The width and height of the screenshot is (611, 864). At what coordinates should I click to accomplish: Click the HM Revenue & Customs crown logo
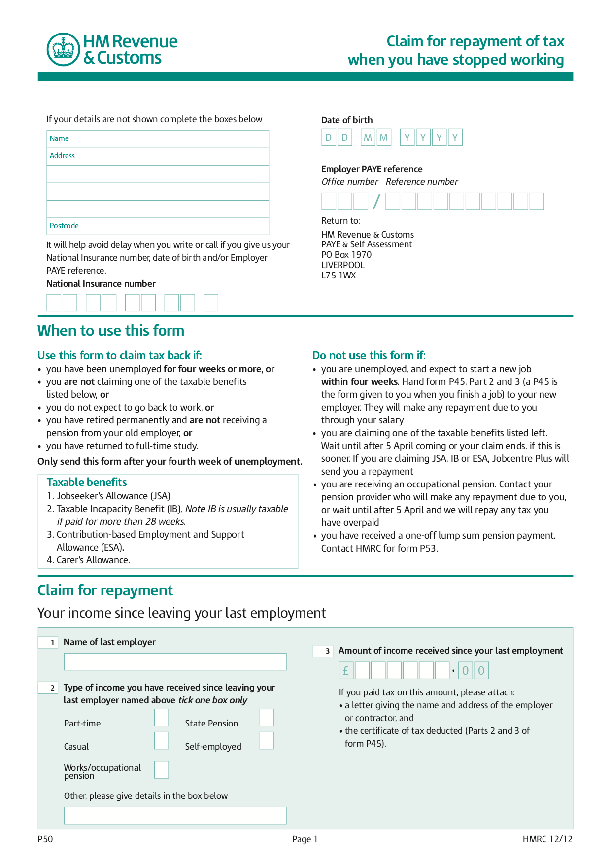pyautogui.click(x=63, y=49)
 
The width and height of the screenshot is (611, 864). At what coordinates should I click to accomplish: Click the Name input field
pyautogui.click(x=158, y=139)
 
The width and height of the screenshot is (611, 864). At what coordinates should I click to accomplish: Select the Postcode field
pyautogui.click(x=158, y=226)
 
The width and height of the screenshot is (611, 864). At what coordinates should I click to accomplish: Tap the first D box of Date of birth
pyautogui.click(x=329, y=138)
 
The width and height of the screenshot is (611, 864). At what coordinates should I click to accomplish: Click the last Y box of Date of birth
pyautogui.click(x=455, y=138)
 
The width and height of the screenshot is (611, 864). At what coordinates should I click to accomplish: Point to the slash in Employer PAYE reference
pyautogui.click(x=376, y=202)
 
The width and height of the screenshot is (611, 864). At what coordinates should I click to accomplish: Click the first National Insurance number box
pyautogui.click(x=54, y=303)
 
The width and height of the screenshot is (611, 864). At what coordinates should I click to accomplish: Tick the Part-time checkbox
pyautogui.click(x=161, y=718)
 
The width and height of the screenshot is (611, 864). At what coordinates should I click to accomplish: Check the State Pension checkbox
pyautogui.click(x=267, y=718)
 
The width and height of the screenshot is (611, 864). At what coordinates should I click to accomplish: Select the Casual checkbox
pyautogui.click(x=161, y=741)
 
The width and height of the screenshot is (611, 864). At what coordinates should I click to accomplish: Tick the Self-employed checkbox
pyautogui.click(x=267, y=741)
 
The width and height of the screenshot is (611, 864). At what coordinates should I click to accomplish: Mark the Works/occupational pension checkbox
pyautogui.click(x=161, y=770)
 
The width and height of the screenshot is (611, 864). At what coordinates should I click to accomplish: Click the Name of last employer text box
pyautogui.click(x=175, y=662)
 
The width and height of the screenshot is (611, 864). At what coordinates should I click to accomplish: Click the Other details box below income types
pyautogui.click(x=175, y=816)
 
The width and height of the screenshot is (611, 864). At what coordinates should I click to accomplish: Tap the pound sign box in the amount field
pyautogui.click(x=346, y=671)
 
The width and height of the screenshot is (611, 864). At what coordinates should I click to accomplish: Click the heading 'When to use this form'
pyautogui.click(x=111, y=331)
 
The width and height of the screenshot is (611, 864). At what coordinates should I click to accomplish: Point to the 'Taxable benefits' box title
pyautogui.click(x=87, y=482)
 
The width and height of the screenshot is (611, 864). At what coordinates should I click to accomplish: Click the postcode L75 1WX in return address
pyautogui.click(x=339, y=276)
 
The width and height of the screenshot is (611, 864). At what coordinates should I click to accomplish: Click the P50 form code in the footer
pyautogui.click(x=45, y=839)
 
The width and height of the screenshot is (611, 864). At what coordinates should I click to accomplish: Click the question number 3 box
pyautogui.click(x=323, y=651)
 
